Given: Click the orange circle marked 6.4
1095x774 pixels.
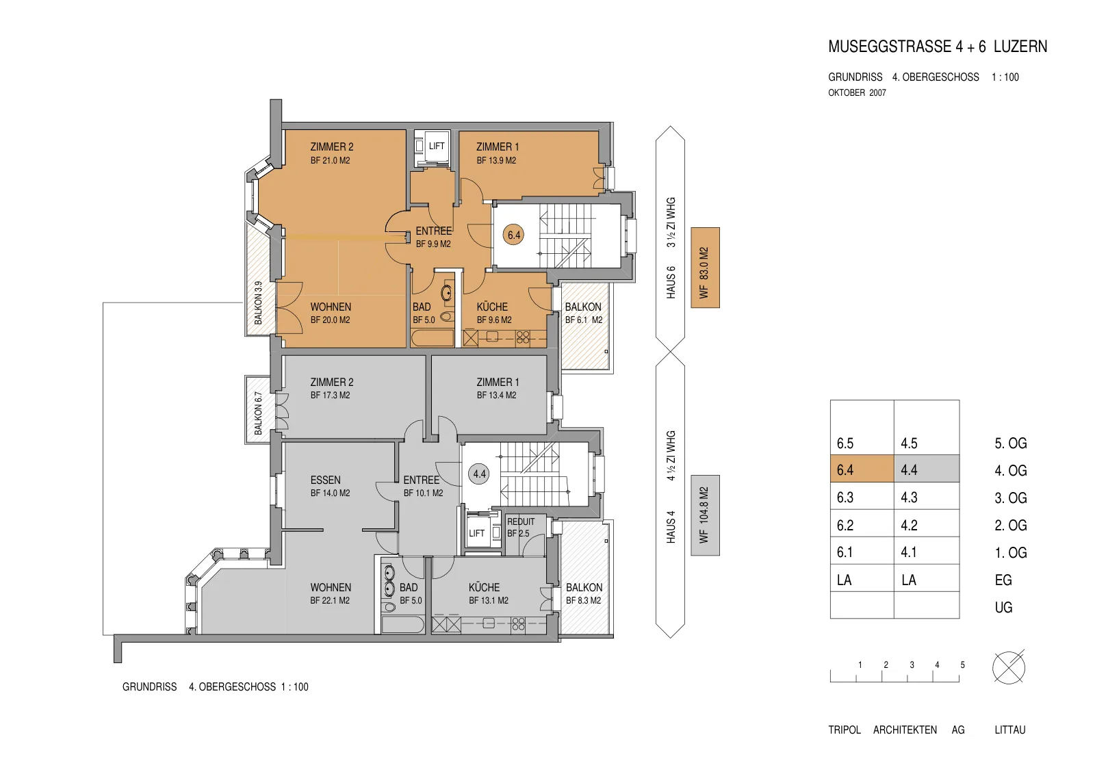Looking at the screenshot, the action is point(514,235).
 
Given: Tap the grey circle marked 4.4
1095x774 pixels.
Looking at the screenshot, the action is point(480,474).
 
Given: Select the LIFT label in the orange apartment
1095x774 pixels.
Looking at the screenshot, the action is point(437,146).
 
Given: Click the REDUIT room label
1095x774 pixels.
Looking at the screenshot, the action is point(521,521).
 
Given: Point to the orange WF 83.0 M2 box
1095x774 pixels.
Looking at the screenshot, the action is point(705,268).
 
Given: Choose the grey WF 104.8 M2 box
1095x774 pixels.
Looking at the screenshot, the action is point(705,515).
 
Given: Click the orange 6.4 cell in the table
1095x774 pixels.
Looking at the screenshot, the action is point(862,469).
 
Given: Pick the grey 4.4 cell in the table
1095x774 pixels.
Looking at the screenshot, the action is point(927,469).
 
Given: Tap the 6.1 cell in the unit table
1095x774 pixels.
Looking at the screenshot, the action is point(862,551).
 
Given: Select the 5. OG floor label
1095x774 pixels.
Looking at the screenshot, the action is point(1010,443).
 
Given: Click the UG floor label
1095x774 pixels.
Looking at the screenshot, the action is point(1003,607).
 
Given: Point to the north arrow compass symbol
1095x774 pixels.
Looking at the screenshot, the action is point(1009,667).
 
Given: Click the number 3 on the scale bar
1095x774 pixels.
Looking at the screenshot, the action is point(912,665).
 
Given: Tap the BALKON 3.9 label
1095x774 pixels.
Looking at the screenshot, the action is point(258,302).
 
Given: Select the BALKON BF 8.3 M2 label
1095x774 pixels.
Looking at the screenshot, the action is point(584,593).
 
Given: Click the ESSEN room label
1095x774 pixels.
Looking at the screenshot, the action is point(326,480).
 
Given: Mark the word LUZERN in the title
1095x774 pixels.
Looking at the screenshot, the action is point(1020,47).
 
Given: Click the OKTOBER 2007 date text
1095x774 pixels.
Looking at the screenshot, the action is point(857,92).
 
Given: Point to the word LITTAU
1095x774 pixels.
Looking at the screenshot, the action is point(1010,730).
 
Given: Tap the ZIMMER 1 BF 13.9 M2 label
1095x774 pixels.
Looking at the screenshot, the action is point(498,153).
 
